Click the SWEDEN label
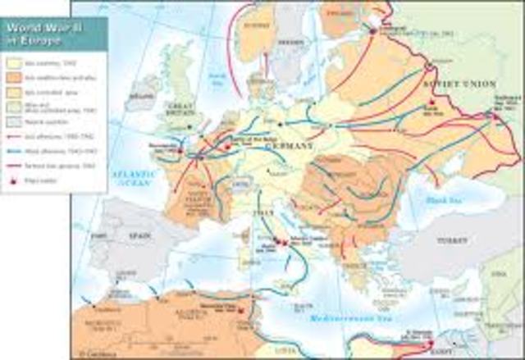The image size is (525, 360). coord(290,40)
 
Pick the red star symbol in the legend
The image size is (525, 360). coord(13,176)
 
